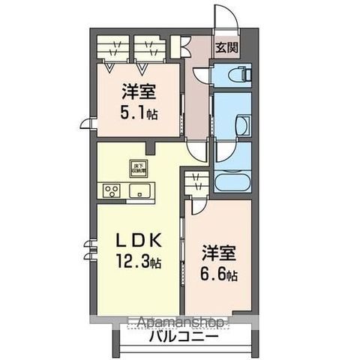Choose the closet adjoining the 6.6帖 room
click(x=196, y=184)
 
